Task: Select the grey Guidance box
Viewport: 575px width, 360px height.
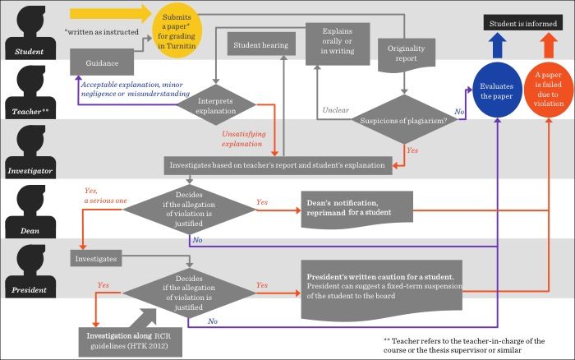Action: coord(103,63)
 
